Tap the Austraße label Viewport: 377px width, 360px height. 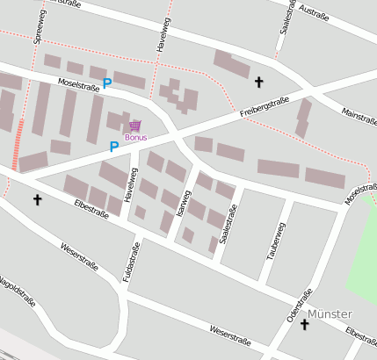click(x=315, y=12)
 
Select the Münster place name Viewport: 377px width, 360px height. click(x=330, y=313)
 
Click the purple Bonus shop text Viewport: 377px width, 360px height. click(x=136, y=138)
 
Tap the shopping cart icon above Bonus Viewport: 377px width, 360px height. click(x=135, y=126)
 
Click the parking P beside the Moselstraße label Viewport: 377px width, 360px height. click(x=107, y=83)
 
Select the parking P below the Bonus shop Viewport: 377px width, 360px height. click(x=113, y=147)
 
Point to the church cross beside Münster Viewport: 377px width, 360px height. click(x=304, y=325)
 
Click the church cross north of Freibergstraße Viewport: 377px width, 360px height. click(x=258, y=83)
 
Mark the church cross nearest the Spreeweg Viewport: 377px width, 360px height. click(x=37, y=200)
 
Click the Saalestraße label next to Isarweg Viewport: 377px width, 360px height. click(x=228, y=224)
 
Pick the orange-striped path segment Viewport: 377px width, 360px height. click(x=18, y=145)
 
